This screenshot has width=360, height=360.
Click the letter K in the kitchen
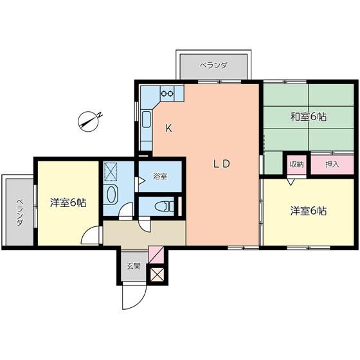pos(168,128)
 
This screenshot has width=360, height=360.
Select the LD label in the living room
pos(222,163)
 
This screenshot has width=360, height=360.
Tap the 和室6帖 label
pos(307,117)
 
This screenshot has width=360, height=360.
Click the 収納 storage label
pos(296,164)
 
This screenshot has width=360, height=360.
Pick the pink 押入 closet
pos(332,164)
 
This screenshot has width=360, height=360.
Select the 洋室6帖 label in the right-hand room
pos(307,210)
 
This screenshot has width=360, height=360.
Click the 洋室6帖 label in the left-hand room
pos(68,203)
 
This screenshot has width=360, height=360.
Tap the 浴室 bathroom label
pos(160,176)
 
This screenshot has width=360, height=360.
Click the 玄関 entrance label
pos(132,266)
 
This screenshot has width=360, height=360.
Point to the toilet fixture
pos(165,206)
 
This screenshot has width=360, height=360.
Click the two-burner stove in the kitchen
pos(167,93)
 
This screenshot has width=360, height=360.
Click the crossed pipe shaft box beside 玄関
pos(157,274)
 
